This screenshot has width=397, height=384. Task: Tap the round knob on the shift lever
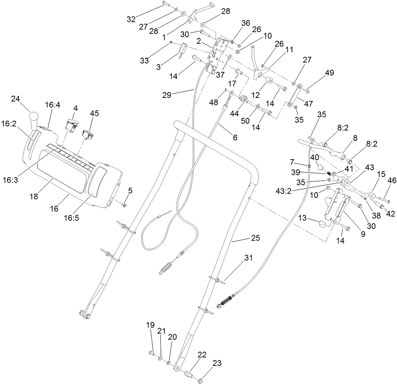[34, 117]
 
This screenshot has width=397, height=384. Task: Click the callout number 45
[95, 113]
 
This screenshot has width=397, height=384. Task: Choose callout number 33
[144, 61]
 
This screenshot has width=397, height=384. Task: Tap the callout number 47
[308, 104]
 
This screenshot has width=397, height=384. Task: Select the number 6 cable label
[235, 137]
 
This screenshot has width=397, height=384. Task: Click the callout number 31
[248, 258]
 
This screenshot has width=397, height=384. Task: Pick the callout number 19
[150, 325]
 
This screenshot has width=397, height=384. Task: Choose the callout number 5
[130, 191]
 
